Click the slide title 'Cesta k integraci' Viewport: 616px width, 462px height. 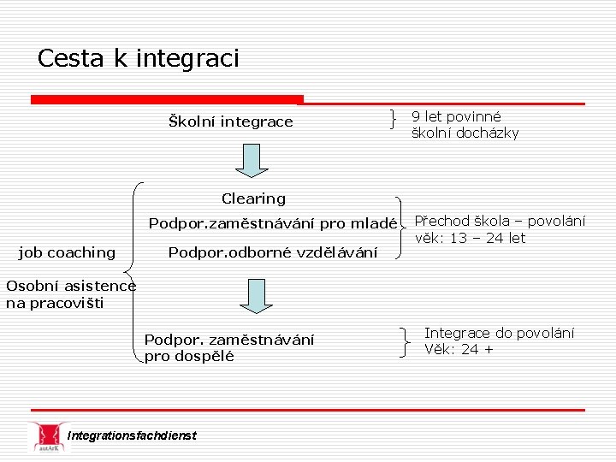139,58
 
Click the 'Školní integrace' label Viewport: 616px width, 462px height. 230,122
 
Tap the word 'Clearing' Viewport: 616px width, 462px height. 253,198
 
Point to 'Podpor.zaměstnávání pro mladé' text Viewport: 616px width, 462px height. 273,224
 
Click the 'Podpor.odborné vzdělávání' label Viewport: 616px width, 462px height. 273,252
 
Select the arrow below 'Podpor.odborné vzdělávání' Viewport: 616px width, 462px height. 256,296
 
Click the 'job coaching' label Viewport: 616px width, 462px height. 67,252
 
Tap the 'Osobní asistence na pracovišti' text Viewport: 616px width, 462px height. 70,294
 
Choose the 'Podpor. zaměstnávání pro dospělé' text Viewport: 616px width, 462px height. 228,348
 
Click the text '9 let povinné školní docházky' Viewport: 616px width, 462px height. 465,125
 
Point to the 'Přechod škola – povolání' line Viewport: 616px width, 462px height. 500,221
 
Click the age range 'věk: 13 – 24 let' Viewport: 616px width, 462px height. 470,239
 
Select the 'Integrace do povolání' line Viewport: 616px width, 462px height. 499,332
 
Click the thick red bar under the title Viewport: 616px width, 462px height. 167,100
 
